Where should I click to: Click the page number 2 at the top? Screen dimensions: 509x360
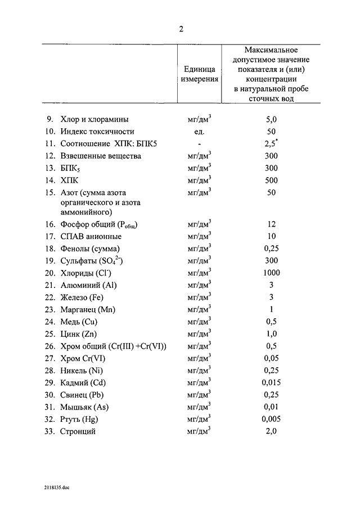pyautogui.click(x=181, y=29)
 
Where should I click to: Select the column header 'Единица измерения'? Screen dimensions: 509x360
pyautogui.click(x=199, y=73)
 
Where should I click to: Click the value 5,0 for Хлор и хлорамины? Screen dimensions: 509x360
pyautogui.click(x=271, y=119)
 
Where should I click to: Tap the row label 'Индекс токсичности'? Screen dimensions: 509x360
pyautogui.click(x=97, y=132)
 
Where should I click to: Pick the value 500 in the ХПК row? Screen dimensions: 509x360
pyautogui.click(x=271, y=180)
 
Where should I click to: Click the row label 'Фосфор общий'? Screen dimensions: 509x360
pyautogui.click(x=99, y=224)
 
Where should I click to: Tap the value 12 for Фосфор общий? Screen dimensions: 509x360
pyautogui.click(x=271, y=224)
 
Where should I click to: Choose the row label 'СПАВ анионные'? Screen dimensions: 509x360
pyautogui.click(x=91, y=236)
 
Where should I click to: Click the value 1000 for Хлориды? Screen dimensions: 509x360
pyautogui.click(x=271, y=273)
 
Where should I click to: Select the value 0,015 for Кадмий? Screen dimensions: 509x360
pyautogui.click(x=271, y=382)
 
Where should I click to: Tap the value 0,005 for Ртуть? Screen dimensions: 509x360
pyautogui.click(x=271, y=419)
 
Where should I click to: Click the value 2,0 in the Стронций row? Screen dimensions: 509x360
pyautogui.click(x=271, y=431)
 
